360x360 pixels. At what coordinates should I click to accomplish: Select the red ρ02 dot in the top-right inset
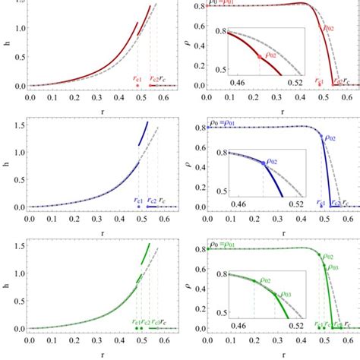(260, 56)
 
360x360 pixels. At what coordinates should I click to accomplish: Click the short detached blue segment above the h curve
(143, 133)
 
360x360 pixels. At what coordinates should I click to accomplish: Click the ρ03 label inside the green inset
(286, 295)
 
